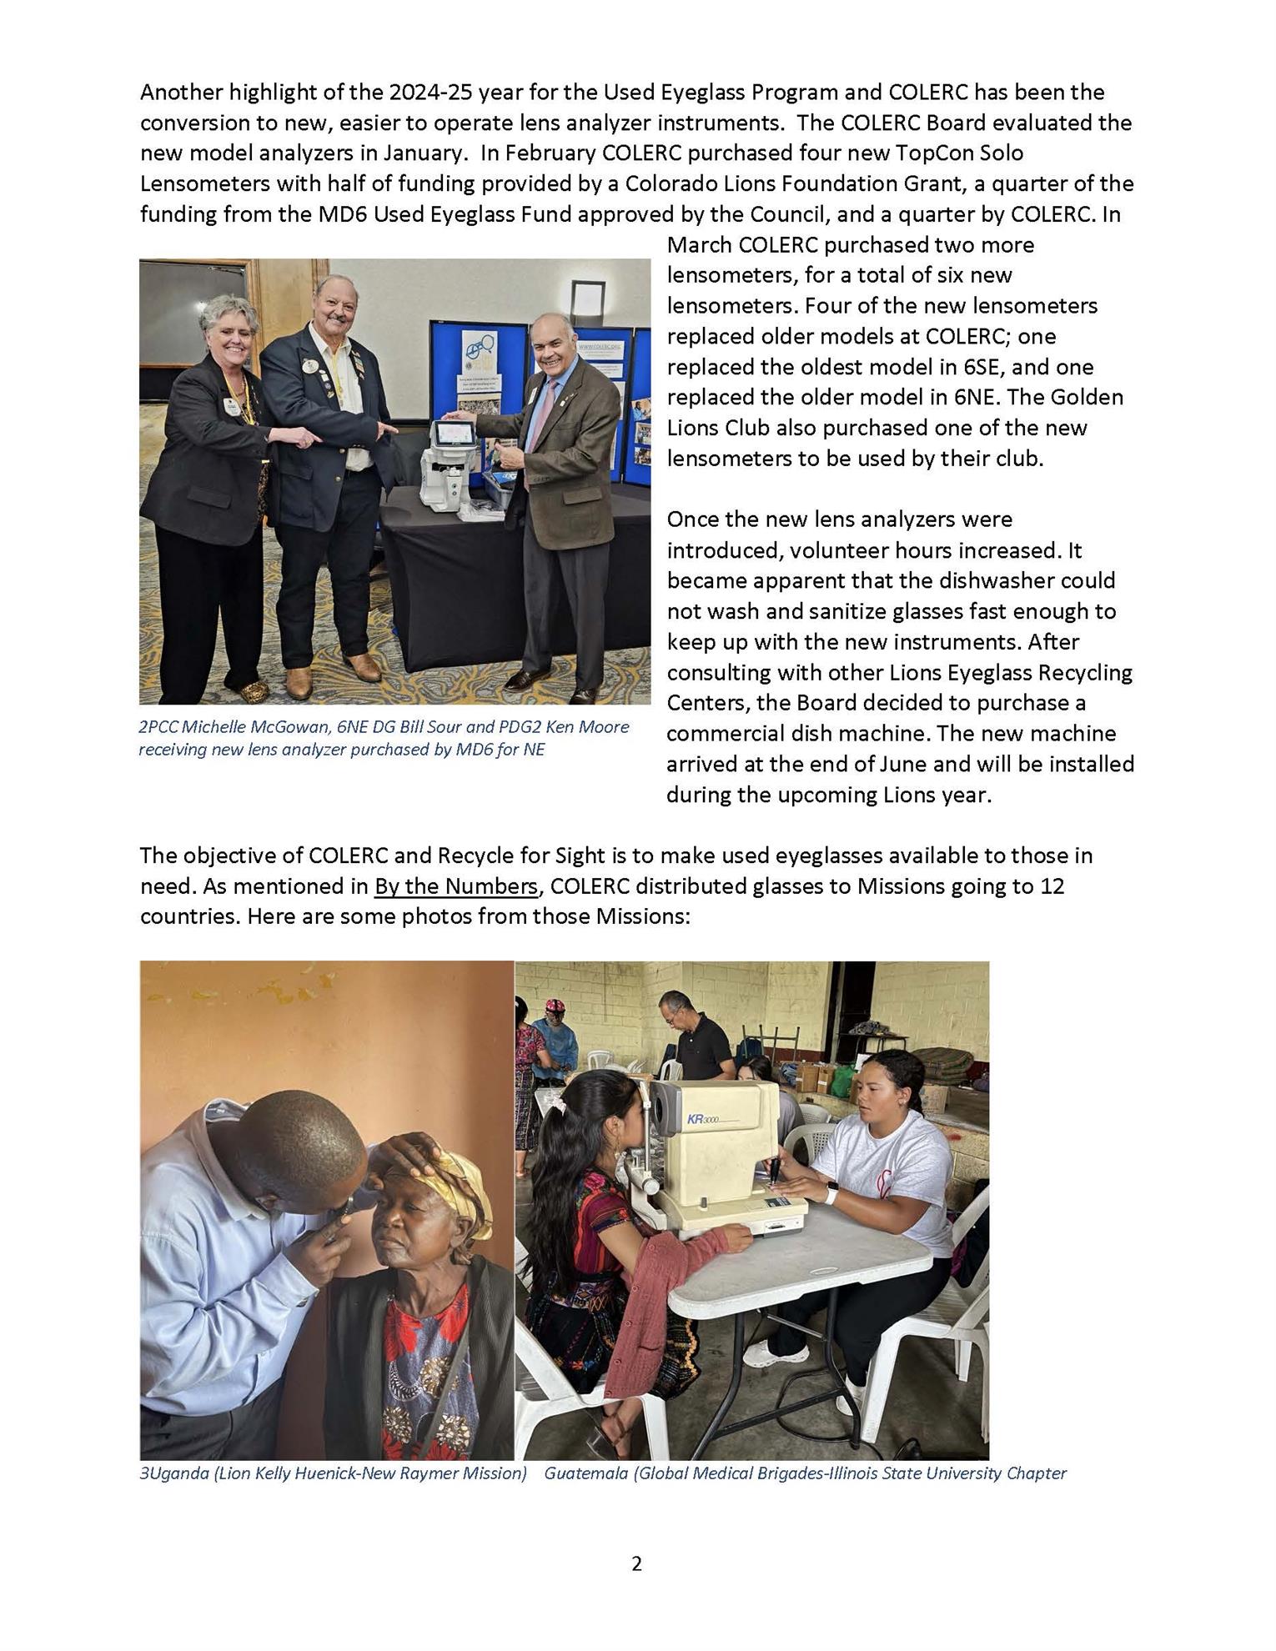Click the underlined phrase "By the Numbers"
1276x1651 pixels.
(x=455, y=886)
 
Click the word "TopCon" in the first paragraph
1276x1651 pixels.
(x=936, y=153)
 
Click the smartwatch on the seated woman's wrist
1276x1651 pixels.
(x=830, y=1195)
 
